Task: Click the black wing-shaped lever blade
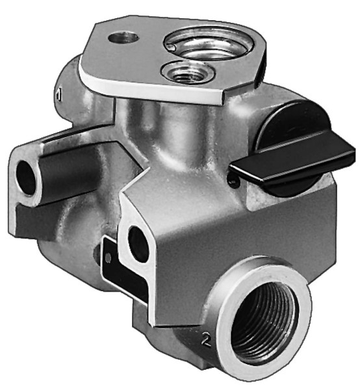pyautogui.click(x=293, y=163)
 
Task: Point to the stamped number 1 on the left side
pyautogui.click(x=58, y=96)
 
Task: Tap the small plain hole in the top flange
pyautogui.click(x=123, y=38)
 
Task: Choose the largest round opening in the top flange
pyautogui.click(x=209, y=43)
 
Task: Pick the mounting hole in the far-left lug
pyautogui.click(x=27, y=177)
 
